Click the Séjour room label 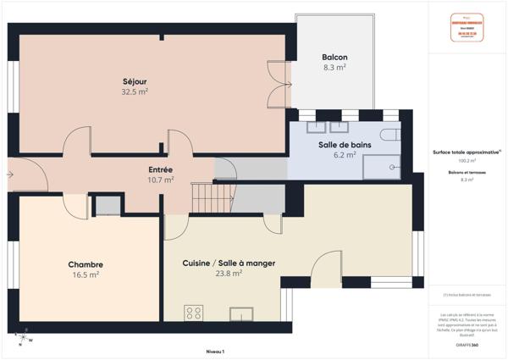[135, 81]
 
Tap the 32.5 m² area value [135, 91]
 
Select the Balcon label [334, 57]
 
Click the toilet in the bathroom [391, 135]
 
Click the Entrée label [161, 169]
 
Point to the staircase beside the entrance [204, 198]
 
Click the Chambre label [86, 264]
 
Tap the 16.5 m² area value [86, 274]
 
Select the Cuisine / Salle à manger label [229, 263]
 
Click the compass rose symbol [23, 340]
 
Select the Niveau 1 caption [216, 350]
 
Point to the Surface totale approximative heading [467, 152]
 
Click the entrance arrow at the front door [9, 174]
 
